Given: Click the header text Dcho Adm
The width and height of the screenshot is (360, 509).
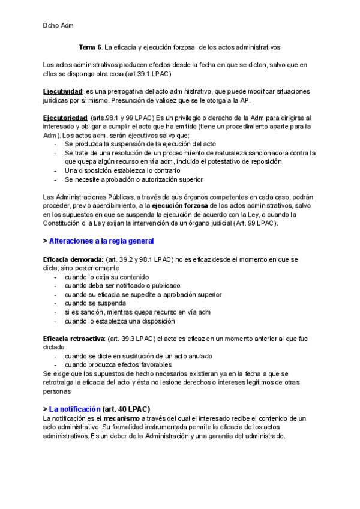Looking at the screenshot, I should point(58,26).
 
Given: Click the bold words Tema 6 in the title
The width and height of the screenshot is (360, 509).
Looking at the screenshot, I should point(89,46).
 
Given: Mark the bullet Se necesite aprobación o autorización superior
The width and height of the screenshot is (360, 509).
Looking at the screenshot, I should point(133,179).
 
